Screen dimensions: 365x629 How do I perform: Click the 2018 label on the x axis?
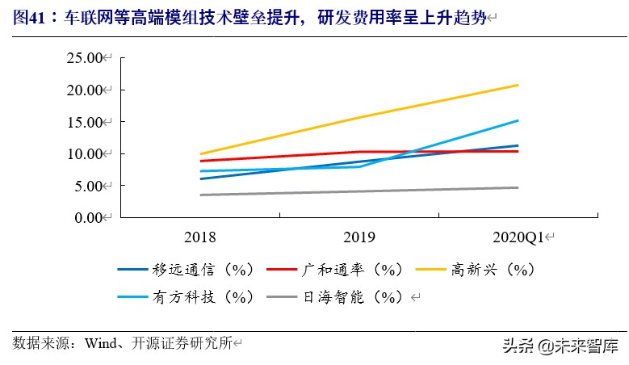[x=199, y=237]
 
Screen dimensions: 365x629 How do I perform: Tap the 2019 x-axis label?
[x=359, y=237]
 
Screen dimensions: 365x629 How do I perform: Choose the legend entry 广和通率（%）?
[x=342, y=269]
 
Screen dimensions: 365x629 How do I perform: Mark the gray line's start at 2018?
[x=199, y=195]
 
